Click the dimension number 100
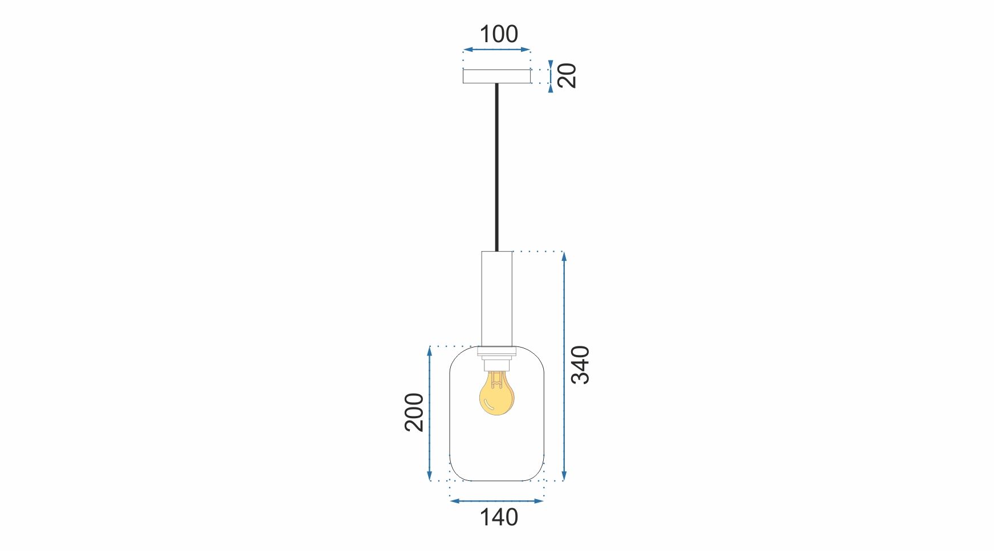click(x=499, y=34)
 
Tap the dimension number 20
click(x=567, y=75)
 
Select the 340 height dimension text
click(x=581, y=365)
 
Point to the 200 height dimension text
click(x=414, y=412)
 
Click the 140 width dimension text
click(x=499, y=517)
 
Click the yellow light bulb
click(x=496, y=395)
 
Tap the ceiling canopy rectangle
click(x=496, y=76)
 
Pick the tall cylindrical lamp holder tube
click(x=496, y=298)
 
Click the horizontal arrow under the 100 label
click(x=496, y=50)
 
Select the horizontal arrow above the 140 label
click(x=496, y=501)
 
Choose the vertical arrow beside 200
click(x=430, y=414)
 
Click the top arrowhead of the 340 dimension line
click(x=564, y=256)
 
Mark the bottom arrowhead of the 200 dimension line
click(x=430, y=476)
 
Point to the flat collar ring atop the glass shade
click(x=496, y=351)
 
